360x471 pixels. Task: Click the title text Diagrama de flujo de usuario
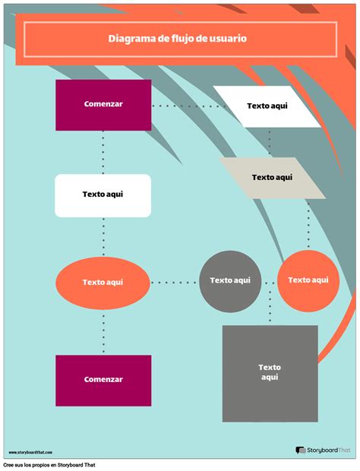click(176, 39)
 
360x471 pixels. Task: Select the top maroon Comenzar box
click(103, 105)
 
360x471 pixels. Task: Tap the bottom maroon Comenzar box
click(103, 380)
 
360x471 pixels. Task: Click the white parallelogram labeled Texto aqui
click(267, 106)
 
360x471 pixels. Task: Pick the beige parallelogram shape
click(271, 178)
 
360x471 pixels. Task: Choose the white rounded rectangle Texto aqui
click(103, 195)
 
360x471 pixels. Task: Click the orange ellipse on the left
click(103, 283)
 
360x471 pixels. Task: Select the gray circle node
click(229, 281)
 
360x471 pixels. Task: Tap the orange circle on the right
click(308, 281)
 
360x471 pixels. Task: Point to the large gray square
click(270, 373)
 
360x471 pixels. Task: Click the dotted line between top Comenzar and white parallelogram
click(182, 106)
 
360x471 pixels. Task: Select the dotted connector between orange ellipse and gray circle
click(174, 283)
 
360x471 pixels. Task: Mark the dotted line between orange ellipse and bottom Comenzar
click(103, 330)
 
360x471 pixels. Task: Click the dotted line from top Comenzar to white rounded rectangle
click(103, 152)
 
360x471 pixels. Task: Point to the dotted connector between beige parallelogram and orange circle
click(308, 224)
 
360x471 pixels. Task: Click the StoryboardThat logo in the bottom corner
click(324, 450)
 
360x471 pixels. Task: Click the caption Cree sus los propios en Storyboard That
click(50, 465)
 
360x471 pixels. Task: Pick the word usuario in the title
click(228, 39)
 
